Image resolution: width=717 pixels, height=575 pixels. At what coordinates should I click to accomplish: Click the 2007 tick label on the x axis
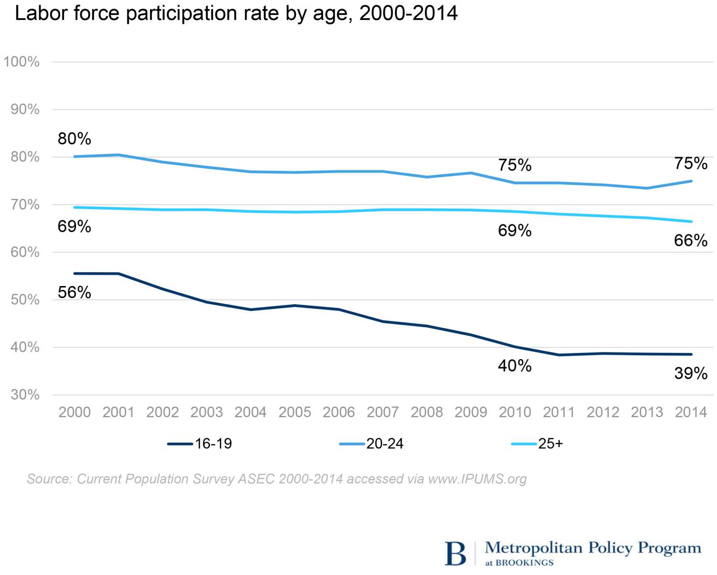pyautogui.click(x=382, y=412)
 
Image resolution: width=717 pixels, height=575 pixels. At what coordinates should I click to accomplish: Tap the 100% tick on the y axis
pyautogui.click(x=22, y=62)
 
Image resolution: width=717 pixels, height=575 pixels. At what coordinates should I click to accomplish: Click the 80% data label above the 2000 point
pyautogui.click(x=74, y=139)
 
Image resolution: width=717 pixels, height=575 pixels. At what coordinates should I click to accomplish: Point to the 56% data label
pyautogui.click(x=74, y=292)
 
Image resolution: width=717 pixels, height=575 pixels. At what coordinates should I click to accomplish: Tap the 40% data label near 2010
pyautogui.click(x=515, y=366)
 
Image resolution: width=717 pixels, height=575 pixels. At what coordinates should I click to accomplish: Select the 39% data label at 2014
pyautogui.click(x=691, y=373)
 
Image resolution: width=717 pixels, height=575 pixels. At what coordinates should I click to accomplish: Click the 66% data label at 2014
pyautogui.click(x=691, y=240)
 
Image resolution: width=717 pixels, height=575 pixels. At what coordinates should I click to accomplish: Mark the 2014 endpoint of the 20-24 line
pyautogui.click(x=691, y=181)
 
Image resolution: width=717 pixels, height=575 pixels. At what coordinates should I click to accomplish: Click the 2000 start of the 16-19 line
pyautogui.click(x=75, y=274)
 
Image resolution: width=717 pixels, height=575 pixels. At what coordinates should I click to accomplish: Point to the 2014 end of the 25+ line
pyautogui.click(x=691, y=222)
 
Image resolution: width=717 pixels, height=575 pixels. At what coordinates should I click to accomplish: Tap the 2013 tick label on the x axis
pyautogui.click(x=647, y=412)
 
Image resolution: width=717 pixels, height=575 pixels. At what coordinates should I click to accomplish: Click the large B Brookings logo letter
pyautogui.click(x=455, y=554)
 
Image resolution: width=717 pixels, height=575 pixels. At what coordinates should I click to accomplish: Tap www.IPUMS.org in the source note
pyautogui.click(x=477, y=479)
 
